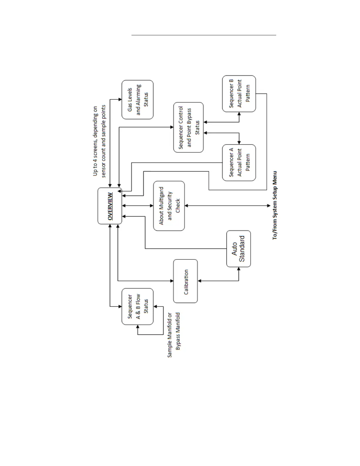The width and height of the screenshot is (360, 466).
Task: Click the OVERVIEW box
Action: pos(110,206)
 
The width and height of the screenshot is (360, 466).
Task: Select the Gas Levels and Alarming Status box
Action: pos(138,99)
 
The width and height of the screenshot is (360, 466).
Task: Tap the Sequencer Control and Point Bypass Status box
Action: pos(189,127)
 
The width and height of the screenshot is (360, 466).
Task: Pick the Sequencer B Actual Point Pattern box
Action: pos(239,94)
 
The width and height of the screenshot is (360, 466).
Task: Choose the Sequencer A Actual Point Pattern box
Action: pos(239,162)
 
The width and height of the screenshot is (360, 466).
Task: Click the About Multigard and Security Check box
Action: pos(169,206)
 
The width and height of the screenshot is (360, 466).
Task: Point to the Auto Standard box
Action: pos(239,249)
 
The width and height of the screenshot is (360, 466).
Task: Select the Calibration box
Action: pos(186,281)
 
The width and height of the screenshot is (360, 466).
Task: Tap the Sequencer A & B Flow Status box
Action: pos(138,306)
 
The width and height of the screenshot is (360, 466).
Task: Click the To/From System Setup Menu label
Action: pos(275,205)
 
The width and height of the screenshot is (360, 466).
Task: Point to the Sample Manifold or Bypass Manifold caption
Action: pos(174,335)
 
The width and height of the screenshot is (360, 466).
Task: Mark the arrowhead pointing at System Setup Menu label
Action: pos(269,206)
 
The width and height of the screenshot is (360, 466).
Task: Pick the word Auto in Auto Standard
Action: pos(234,249)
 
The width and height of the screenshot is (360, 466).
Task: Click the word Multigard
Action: pos(161,206)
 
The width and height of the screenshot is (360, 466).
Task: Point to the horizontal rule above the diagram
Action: pos(204,35)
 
